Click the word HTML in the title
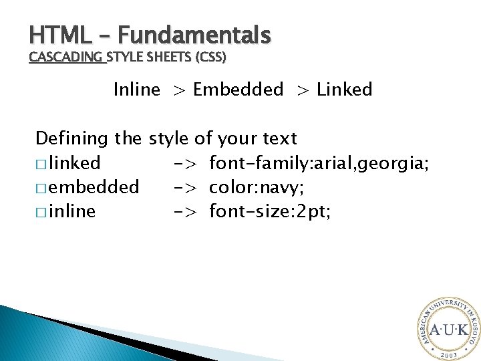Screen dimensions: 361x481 pos(53,34)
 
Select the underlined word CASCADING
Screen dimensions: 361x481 pos(67,57)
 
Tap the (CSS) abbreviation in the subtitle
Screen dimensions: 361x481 pos(210,57)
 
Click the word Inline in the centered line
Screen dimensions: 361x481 pos(137,90)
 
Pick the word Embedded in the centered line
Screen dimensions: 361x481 pos(238,90)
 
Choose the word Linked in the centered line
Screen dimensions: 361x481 pos(344,90)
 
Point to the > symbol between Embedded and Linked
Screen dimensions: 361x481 pos(303,90)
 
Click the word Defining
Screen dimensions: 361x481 pos(72,139)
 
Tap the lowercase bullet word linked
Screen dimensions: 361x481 pos(74,163)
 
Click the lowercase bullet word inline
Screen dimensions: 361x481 pos(71,212)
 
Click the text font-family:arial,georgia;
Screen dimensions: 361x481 pos(318,163)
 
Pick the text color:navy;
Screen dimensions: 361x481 pos(257,187)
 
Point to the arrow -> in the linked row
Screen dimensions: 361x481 pos(189,164)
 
